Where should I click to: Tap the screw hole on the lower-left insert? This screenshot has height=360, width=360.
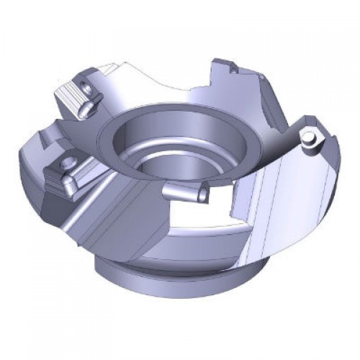[x=72, y=163]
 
